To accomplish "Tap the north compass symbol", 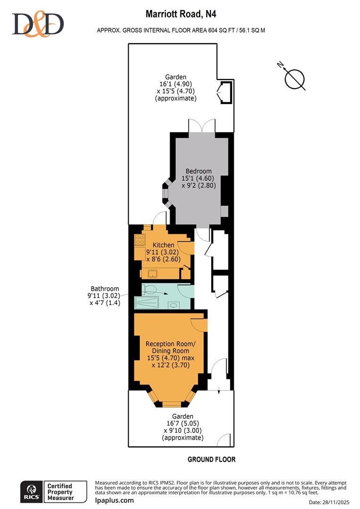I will (x=295, y=78).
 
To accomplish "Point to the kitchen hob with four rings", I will (x=139, y=239).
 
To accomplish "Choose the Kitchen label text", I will (x=163, y=245).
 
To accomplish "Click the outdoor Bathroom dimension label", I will (x=105, y=296).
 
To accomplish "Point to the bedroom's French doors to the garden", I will (x=202, y=126).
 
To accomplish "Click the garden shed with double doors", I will (x=224, y=92).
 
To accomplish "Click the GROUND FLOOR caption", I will (x=212, y=459).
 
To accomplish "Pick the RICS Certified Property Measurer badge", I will (x=53, y=492).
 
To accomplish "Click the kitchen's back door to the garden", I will (x=160, y=219).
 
